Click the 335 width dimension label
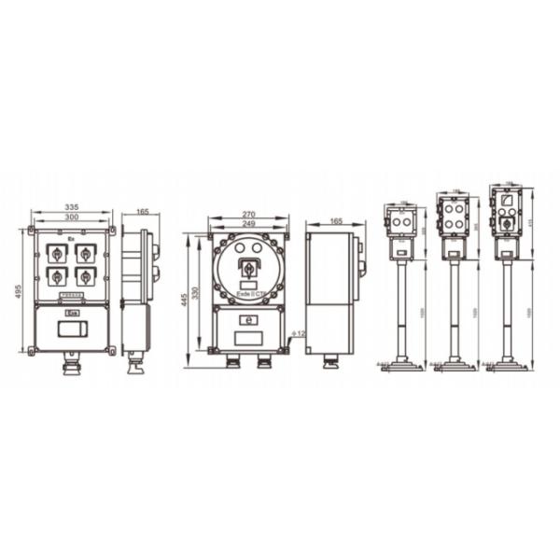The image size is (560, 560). tap(71, 207)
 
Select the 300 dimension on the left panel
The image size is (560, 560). tap(71, 217)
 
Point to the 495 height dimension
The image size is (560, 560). tap(19, 290)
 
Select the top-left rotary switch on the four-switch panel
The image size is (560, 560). tap(57, 253)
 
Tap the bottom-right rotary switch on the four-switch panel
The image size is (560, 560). tap(86, 276)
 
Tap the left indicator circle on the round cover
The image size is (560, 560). tap(236, 249)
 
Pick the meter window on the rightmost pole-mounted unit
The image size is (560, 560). tap(505, 201)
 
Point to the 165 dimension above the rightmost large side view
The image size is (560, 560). tap(329, 221)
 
